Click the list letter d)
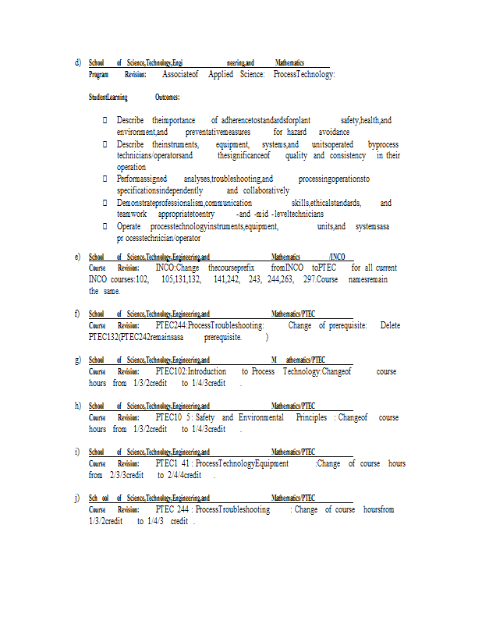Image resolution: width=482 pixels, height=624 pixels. coord(77,62)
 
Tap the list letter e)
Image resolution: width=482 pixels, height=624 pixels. coord(77,256)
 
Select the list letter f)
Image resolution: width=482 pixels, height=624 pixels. coord(77,314)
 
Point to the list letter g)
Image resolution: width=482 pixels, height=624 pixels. coord(77,360)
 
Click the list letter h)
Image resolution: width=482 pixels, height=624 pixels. coord(77,406)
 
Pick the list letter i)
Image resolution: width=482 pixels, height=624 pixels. coord(77,452)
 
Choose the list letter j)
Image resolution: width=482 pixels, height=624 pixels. coord(77,498)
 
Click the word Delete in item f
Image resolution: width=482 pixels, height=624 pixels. coord(390,325)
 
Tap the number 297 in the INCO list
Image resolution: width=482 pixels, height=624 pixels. coord(310,279)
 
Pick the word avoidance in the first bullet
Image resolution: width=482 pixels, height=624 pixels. coord(334,133)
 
